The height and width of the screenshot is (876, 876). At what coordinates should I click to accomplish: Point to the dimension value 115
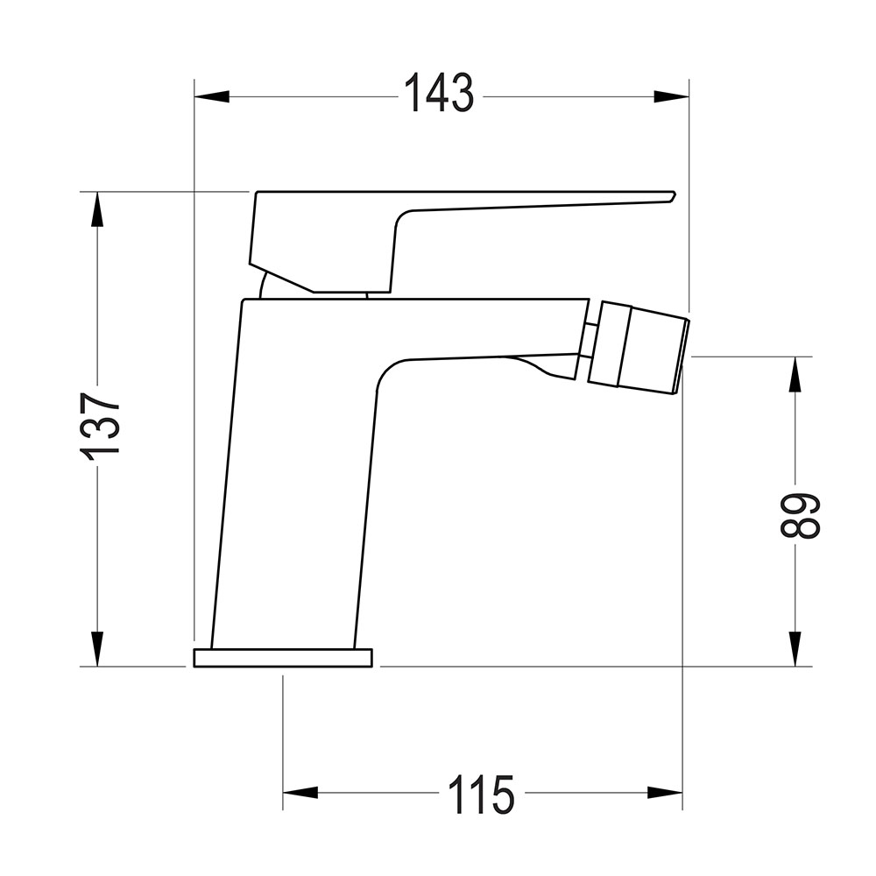(x=481, y=795)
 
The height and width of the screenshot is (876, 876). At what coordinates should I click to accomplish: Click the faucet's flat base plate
(x=283, y=658)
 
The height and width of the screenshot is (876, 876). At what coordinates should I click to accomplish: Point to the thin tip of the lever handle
(x=648, y=197)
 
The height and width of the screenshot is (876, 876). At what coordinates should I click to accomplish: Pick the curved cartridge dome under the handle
(x=267, y=287)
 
